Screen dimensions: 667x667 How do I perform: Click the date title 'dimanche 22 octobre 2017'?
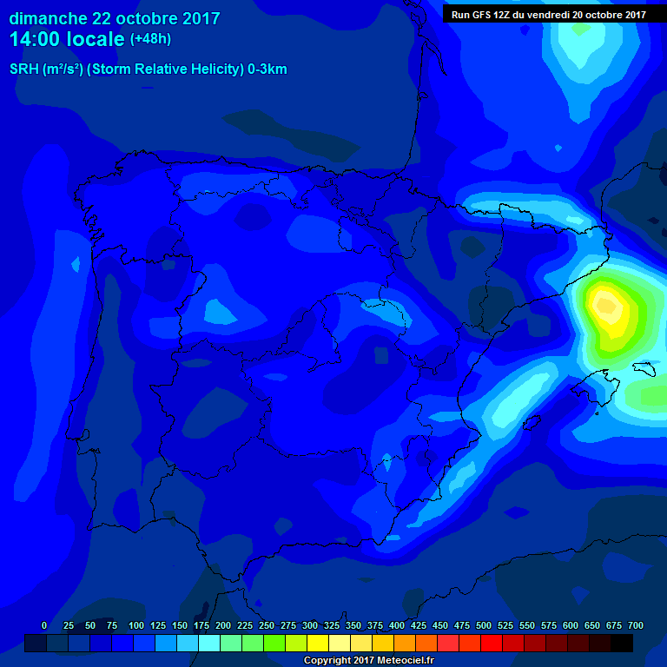[115, 18]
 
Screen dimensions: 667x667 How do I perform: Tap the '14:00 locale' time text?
[68, 39]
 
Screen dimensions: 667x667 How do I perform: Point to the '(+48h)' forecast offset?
[151, 39]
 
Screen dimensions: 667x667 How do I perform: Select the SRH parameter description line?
[149, 69]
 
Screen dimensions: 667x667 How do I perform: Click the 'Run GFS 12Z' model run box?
[548, 14]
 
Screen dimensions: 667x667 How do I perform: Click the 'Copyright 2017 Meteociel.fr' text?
[369, 661]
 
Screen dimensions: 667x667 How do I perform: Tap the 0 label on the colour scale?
[44, 625]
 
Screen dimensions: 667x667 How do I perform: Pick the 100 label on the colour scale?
[136, 625]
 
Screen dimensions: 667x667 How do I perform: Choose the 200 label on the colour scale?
[223, 625]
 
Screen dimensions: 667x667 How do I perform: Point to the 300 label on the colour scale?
[310, 625]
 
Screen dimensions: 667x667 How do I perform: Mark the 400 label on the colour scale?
[397, 625]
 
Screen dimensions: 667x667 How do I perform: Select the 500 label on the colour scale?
[484, 625]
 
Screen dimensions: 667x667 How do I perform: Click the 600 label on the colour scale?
[571, 625]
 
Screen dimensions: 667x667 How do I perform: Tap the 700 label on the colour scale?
[636, 625]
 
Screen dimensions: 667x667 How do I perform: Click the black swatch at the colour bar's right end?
[622, 643]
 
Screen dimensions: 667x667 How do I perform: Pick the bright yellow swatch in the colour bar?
[318, 643]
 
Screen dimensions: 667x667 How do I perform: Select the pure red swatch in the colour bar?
[492, 643]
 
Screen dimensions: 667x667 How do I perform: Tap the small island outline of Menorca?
[644, 368]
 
